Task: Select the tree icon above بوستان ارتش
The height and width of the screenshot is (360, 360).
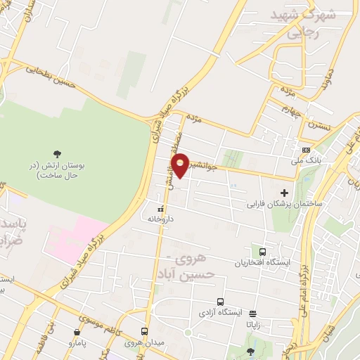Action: pos(57,153)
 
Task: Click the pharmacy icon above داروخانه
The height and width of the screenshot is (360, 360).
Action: pos(160,209)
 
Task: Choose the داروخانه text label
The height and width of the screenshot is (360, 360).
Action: pos(160,219)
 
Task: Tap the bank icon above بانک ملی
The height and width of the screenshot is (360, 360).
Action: pos(305,150)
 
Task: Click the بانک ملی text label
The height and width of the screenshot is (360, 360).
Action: pos(307,161)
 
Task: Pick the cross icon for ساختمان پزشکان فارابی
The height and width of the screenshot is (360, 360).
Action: pos(285,193)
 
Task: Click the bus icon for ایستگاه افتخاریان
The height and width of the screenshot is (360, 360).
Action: pos(262,251)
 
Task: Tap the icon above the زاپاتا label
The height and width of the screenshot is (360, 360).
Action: pos(252,314)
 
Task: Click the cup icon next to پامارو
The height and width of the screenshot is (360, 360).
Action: pos(77,332)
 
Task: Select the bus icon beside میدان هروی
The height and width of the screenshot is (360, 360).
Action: pos(144,332)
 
